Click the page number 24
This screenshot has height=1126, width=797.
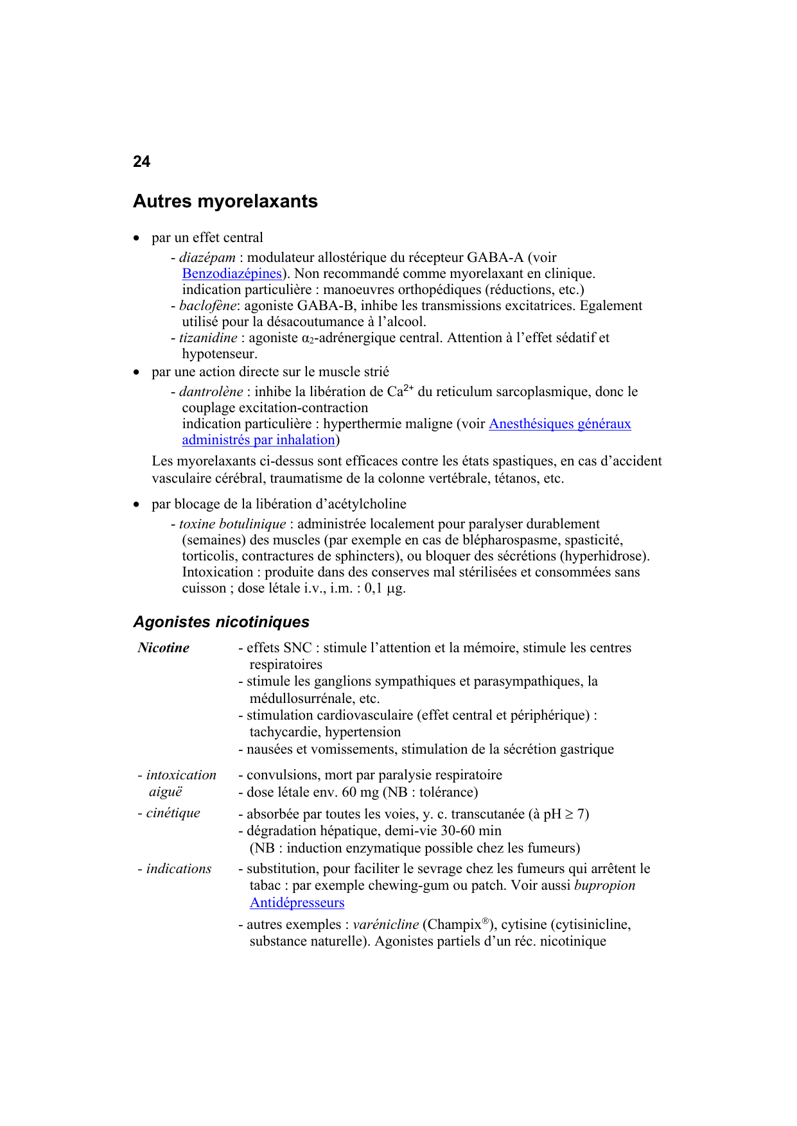click(141, 162)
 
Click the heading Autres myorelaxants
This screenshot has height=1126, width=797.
click(225, 202)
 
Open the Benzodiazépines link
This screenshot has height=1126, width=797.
click(232, 273)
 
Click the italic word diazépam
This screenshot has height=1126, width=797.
click(207, 257)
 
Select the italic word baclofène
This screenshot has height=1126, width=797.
click(207, 306)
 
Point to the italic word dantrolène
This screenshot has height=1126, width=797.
click(211, 392)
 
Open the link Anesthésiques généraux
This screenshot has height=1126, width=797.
click(559, 424)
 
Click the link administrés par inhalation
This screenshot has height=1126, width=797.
click(258, 440)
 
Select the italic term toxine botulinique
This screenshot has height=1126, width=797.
click(232, 524)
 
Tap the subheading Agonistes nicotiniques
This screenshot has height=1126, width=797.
click(221, 622)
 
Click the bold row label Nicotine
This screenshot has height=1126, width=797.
click(164, 648)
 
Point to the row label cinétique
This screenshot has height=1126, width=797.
click(173, 813)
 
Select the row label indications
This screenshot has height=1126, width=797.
click(179, 869)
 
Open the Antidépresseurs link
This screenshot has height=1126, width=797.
click(297, 903)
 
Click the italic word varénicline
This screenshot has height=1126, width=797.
click(386, 924)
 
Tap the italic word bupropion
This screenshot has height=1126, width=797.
click(604, 885)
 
